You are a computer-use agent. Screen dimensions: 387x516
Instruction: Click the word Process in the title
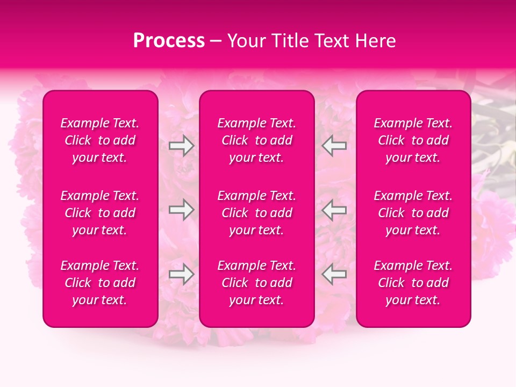(x=169, y=41)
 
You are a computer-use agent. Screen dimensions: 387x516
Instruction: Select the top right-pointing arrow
(x=182, y=146)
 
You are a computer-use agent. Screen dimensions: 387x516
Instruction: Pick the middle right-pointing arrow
(x=182, y=210)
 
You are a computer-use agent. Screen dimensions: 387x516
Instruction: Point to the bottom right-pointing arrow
(x=182, y=274)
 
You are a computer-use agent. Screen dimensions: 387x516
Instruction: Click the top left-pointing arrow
(x=334, y=146)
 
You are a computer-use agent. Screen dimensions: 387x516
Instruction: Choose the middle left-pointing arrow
(x=334, y=210)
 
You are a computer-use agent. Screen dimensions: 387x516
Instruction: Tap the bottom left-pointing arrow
(x=334, y=274)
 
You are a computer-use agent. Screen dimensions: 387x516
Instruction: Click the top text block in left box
(x=100, y=140)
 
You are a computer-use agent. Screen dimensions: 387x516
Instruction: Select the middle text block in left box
(x=100, y=213)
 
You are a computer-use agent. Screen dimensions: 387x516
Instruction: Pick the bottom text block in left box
(x=100, y=283)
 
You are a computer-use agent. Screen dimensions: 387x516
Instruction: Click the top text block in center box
(x=257, y=140)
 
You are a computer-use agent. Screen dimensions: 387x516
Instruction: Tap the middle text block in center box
(x=257, y=213)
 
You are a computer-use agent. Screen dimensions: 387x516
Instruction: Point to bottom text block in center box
(x=257, y=283)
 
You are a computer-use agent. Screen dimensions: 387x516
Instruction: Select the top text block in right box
(x=413, y=140)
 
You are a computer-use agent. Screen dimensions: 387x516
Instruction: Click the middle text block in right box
(x=413, y=213)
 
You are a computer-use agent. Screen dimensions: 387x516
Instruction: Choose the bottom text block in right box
(x=413, y=283)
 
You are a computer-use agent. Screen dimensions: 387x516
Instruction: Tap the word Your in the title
(x=245, y=41)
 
